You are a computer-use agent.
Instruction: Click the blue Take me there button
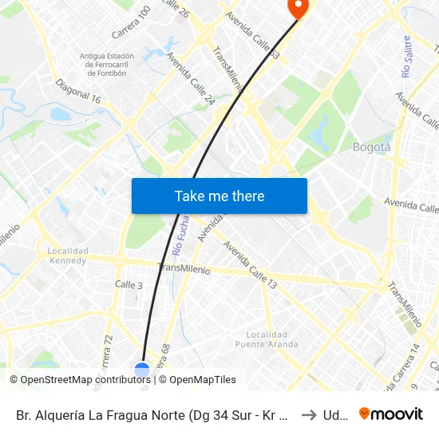pos(219,196)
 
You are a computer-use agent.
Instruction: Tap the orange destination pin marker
pos(297,8)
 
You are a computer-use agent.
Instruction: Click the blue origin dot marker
pos(142,370)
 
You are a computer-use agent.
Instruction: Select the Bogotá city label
pos(371,147)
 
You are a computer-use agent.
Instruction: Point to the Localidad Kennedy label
pos(67,255)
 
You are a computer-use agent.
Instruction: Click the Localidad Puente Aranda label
pos(267,339)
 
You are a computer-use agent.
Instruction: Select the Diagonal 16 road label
pos(79,92)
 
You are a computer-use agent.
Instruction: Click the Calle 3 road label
pos(129,284)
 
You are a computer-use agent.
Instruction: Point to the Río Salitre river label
pos(407,56)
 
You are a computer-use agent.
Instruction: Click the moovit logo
pos(391,413)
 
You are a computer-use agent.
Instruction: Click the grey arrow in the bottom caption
pos(309,414)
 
